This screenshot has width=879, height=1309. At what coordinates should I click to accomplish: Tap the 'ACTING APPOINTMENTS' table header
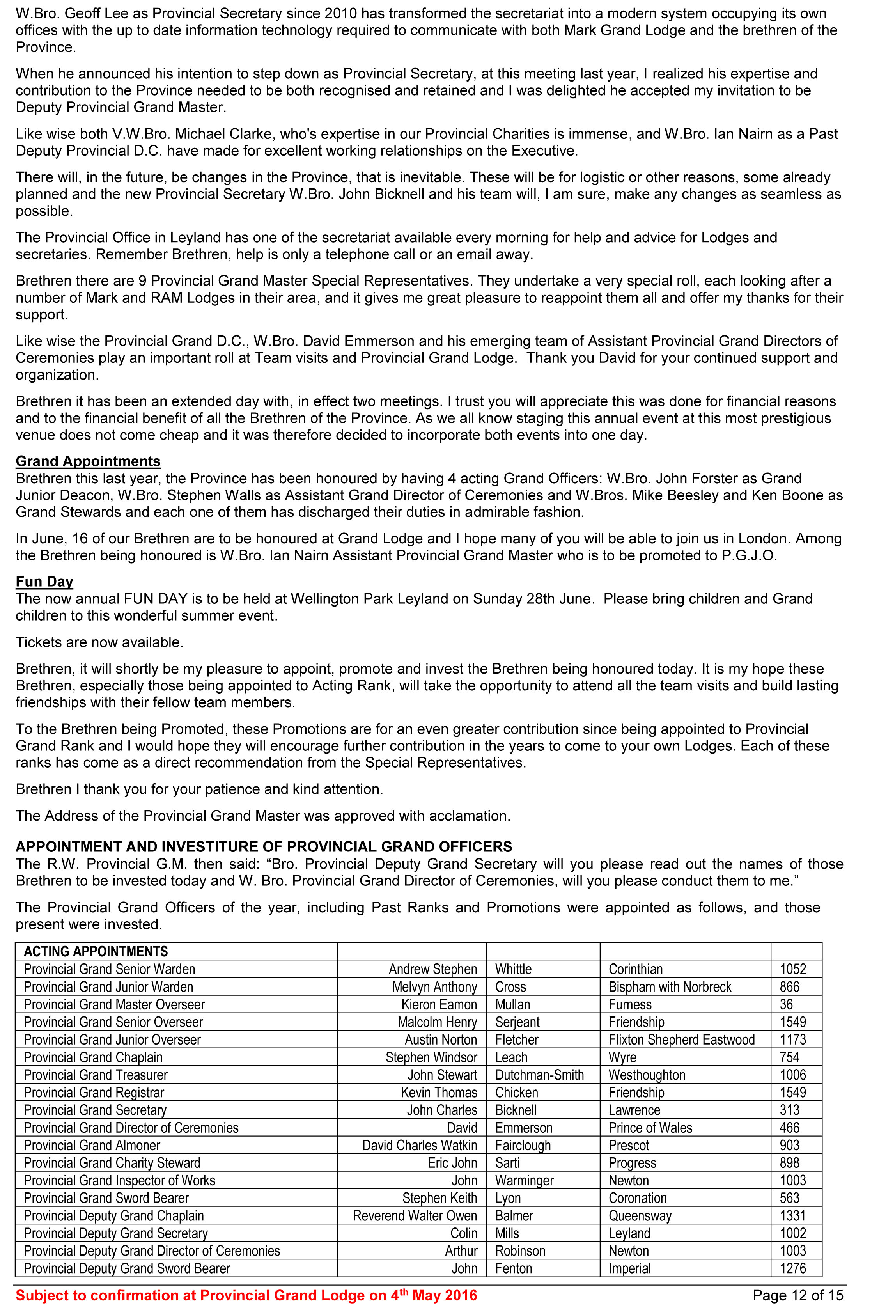point(96,951)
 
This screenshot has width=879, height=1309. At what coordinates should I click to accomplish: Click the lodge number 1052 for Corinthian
point(793,969)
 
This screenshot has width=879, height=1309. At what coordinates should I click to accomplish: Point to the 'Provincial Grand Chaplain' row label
point(93,1057)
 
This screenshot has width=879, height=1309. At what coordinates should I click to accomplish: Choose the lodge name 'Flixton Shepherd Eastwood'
point(682,1039)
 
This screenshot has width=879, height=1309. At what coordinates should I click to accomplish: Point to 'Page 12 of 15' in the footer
point(798,1296)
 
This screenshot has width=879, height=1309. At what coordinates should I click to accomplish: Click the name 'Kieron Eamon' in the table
point(439,1005)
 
